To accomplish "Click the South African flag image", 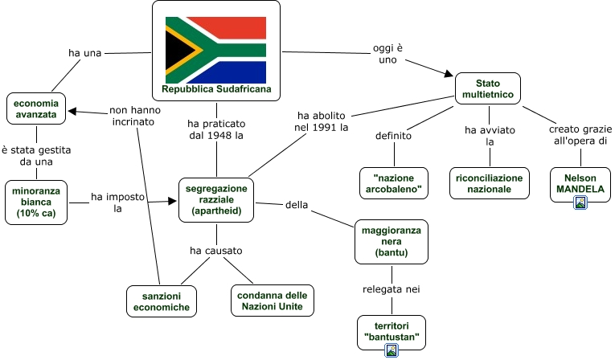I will point(215,50).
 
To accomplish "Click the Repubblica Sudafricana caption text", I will point(216,90).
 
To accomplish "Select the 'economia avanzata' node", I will point(36,108).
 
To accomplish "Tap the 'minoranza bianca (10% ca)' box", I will point(36,202).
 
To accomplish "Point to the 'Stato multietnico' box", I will point(487,89).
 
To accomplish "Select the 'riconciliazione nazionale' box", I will point(489,183).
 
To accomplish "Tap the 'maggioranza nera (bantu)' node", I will point(392,241).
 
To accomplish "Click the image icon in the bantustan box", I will point(391,350).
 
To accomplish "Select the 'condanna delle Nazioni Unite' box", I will point(272,301).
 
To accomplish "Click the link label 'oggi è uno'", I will point(387,54).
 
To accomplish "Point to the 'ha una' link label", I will point(84,53).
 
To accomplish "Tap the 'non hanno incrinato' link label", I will point(133,117).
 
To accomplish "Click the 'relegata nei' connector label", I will point(392,289).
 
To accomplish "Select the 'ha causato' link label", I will point(215,251).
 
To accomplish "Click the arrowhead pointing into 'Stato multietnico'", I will point(450,75).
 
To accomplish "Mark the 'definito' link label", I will point(393,136).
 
